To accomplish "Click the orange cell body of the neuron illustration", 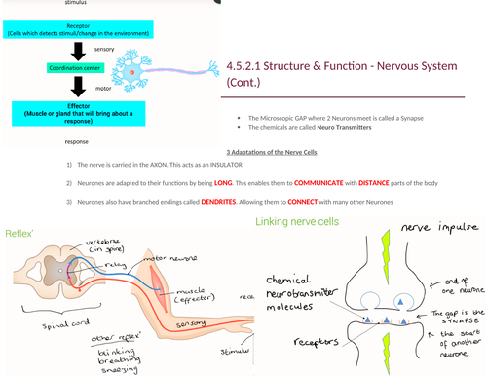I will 130,70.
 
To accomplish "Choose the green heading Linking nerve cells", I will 297,222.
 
